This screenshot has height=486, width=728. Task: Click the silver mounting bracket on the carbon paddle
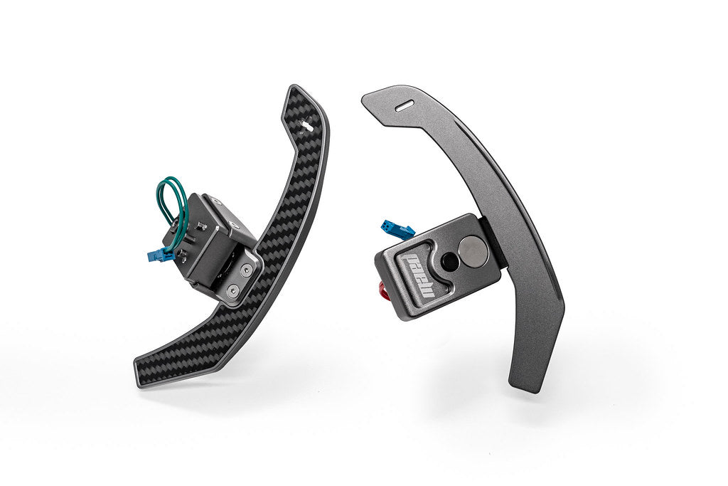(x=240, y=281)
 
